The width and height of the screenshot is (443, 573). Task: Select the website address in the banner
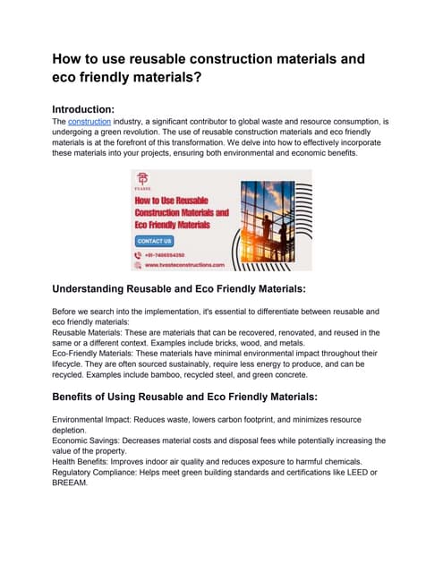tap(183, 265)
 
